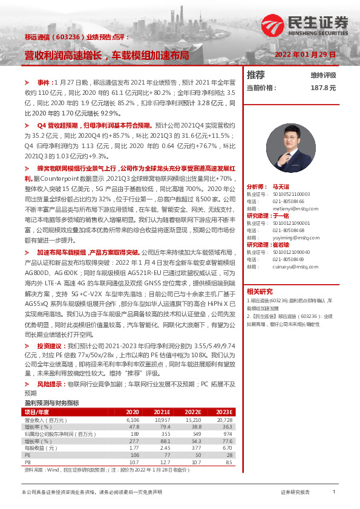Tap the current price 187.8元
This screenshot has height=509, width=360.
pos(322,88)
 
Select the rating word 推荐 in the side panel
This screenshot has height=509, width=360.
pos(256,75)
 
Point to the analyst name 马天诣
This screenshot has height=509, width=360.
pos(281,187)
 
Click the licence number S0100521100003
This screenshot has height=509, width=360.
pos(288,193)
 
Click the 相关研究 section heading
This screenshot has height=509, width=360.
pos(258,290)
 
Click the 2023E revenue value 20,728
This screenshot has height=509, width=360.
pos(224,402)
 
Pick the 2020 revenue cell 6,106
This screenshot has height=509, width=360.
pos(133,402)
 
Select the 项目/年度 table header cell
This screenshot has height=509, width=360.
pos(37,394)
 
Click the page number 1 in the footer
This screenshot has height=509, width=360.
pos(334,493)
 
